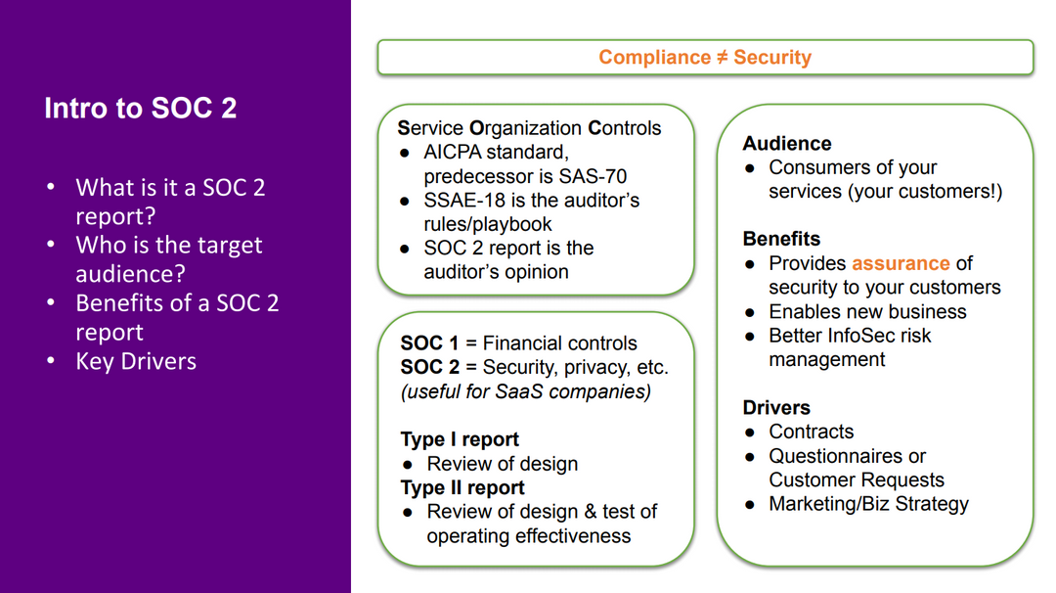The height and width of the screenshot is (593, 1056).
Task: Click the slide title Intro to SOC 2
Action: point(140,108)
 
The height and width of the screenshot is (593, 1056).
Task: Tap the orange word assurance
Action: point(901,264)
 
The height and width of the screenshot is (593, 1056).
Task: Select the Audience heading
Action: point(787,144)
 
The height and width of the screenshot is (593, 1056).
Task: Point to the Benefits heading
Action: point(781,240)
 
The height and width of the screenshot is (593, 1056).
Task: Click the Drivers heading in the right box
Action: point(776,408)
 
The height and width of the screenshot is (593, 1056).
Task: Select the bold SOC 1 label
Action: point(428,343)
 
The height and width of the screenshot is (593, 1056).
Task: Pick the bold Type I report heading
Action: point(460,439)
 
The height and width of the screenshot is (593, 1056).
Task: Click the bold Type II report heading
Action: point(462,487)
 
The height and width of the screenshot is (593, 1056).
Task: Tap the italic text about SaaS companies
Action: point(525,391)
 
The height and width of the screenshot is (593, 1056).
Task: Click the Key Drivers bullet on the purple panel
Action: point(136,361)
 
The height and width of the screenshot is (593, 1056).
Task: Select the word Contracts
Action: point(811,433)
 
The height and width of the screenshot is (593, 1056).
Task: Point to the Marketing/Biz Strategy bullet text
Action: point(868,504)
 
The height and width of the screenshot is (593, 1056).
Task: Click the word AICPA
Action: point(458,153)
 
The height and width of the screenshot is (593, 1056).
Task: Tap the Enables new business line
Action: point(867,312)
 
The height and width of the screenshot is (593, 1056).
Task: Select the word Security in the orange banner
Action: point(772,58)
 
